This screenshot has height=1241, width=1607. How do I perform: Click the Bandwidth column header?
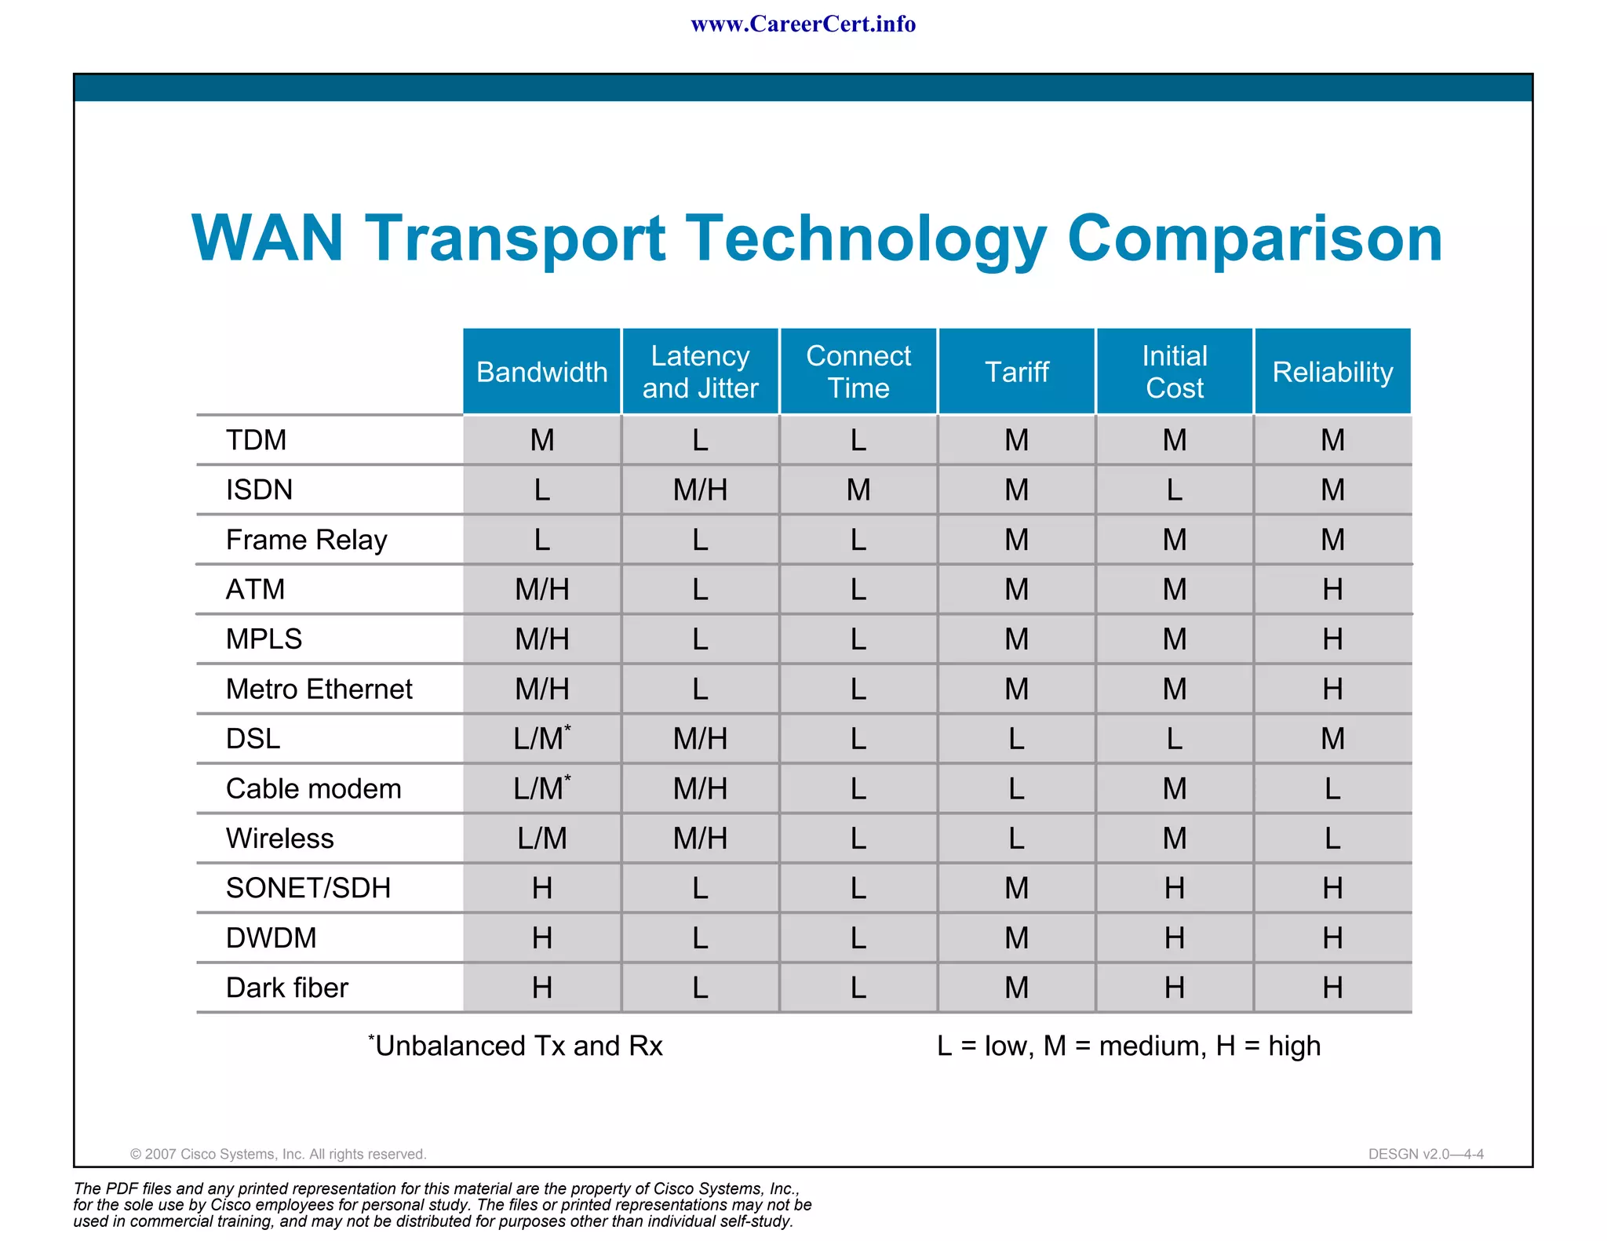pos(541,372)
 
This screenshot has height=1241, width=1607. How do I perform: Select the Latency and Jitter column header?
pos(700,372)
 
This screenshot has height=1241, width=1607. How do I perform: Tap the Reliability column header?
pos(1332,372)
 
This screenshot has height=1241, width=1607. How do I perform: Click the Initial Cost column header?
pos(1174,372)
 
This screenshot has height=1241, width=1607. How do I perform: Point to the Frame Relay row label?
pos(306,540)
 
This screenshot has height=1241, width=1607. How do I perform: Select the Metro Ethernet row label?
pos(319,689)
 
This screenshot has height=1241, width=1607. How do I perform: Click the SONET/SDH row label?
pos(308,888)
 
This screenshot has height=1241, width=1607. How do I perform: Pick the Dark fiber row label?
pos(286,988)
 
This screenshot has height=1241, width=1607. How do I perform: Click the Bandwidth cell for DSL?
pos(541,738)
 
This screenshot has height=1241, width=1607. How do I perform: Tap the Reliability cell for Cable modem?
pos(1332,788)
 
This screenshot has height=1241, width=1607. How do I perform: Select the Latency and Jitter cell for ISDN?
pos(700,490)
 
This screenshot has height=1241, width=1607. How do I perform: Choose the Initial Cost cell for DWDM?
pos(1174,938)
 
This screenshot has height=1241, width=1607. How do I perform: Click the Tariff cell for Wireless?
pos(1016,839)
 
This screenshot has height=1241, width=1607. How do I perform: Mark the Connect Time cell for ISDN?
pos(858,490)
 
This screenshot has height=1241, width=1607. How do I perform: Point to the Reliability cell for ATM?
pos(1332,589)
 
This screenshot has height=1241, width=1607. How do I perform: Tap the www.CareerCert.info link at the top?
pos(803,24)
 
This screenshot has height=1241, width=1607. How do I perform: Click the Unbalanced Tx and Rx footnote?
pos(516,1046)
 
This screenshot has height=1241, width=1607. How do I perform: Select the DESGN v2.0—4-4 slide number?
pos(1425,1154)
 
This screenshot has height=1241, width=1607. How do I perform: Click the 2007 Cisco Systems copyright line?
pos(278,1154)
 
